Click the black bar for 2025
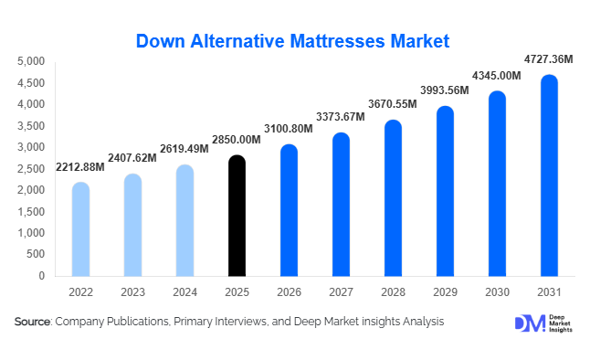click(x=237, y=217)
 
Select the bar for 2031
click(x=550, y=175)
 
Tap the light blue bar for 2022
click(x=80, y=229)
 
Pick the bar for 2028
click(x=394, y=198)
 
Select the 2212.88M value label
click(x=80, y=167)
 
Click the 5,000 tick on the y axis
click(x=31, y=61)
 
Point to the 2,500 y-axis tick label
click(x=31, y=168)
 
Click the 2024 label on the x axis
click(x=184, y=291)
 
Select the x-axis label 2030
click(x=498, y=291)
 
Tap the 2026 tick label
click(x=289, y=291)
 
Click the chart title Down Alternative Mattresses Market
click(x=293, y=41)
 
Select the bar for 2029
click(x=446, y=191)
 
